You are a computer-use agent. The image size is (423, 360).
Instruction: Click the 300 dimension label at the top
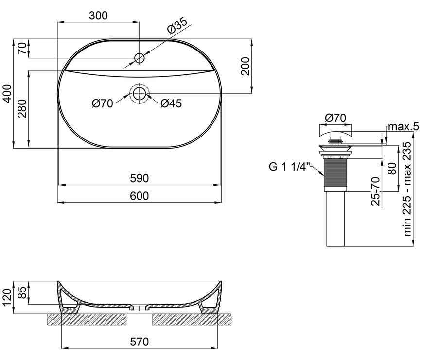(98, 16)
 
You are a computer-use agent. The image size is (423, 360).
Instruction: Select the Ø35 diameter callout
(176, 26)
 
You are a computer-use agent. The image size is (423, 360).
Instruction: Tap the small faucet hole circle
(139, 58)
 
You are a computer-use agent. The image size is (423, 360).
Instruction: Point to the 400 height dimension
(8, 93)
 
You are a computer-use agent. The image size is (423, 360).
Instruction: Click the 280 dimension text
(22, 109)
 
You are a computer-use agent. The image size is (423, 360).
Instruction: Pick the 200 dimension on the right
(246, 66)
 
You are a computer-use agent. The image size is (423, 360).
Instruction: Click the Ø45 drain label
(171, 103)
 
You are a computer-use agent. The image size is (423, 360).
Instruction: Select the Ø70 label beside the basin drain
(102, 103)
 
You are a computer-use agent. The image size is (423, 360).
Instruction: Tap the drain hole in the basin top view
(139, 93)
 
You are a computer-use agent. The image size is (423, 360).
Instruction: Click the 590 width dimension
(140, 178)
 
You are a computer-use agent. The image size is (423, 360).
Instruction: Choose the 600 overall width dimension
(140, 196)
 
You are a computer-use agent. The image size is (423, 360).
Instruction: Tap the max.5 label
(403, 126)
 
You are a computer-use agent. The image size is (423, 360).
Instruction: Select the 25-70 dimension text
(376, 191)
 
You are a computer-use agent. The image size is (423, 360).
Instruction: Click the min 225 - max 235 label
(407, 189)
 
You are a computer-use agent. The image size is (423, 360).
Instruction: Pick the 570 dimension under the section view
(140, 342)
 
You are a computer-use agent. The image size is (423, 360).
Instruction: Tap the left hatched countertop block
(87, 319)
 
